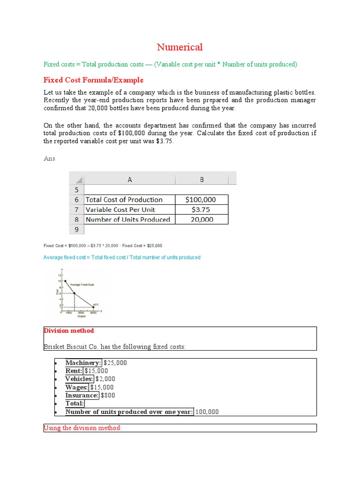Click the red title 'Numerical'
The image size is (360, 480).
pyautogui.click(x=180, y=47)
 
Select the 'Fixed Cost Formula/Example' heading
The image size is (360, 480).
pyautogui.click(x=93, y=80)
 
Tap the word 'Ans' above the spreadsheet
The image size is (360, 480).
pyautogui.click(x=49, y=158)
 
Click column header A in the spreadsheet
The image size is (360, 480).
pyautogui.click(x=129, y=179)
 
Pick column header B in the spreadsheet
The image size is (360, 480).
pyautogui.click(x=202, y=179)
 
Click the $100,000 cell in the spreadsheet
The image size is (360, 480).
pyautogui.click(x=202, y=200)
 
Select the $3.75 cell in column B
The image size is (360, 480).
pyautogui.click(x=202, y=210)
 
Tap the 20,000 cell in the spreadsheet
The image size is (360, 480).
pyautogui.click(x=202, y=219)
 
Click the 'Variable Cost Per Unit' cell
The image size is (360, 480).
pyautogui.click(x=120, y=210)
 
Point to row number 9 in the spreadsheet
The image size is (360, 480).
pyautogui.click(x=76, y=230)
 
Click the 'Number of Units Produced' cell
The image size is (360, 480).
pyautogui.click(x=127, y=219)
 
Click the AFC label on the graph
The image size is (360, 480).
pyautogui.click(x=96, y=304)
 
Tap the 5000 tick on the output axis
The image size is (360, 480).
pyautogui.click(x=93, y=312)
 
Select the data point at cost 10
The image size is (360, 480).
pyautogui.click(x=65, y=281)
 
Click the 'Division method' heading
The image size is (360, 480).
pyautogui.click(x=68, y=331)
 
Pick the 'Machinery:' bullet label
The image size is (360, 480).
pyautogui.click(x=83, y=363)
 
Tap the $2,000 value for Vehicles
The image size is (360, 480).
pyautogui.click(x=105, y=379)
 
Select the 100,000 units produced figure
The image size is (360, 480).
pyautogui.click(x=207, y=412)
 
